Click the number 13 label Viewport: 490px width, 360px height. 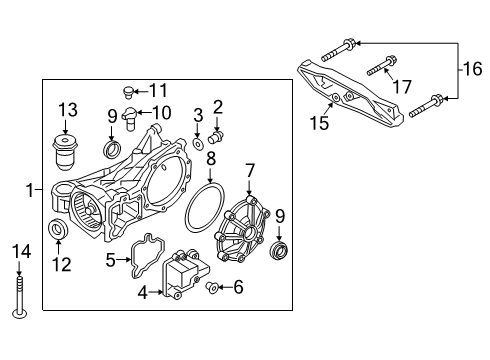[x=67, y=109]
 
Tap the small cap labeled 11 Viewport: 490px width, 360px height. [x=128, y=91]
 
